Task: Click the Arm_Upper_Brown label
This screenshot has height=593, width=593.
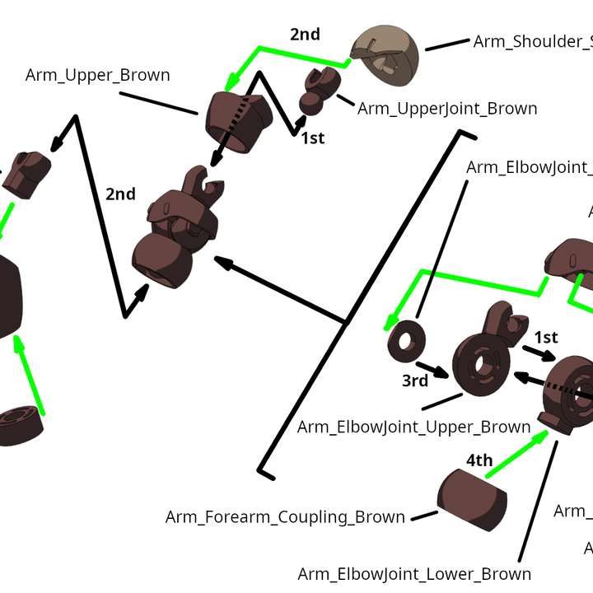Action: tap(97, 75)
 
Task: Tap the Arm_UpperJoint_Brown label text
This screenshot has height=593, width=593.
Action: tap(447, 109)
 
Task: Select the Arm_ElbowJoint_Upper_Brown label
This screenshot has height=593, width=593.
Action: tap(413, 427)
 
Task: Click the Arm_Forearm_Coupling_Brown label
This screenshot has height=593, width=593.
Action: tap(285, 517)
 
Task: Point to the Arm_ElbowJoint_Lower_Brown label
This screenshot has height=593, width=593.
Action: tap(414, 573)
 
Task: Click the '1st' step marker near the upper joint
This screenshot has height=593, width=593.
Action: tap(312, 138)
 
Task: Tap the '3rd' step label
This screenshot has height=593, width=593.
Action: tap(415, 381)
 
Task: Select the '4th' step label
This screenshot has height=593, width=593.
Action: tap(479, 460)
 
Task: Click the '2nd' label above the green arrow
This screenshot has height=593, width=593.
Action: tap(305, 35)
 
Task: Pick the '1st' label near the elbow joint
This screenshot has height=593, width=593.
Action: tap(546, 338)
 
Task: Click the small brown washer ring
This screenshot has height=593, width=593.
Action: tap(405, 340)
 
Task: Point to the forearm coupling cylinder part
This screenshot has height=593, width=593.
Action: tap(471, 498)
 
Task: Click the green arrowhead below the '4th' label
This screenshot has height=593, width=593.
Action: tap(540, 435)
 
